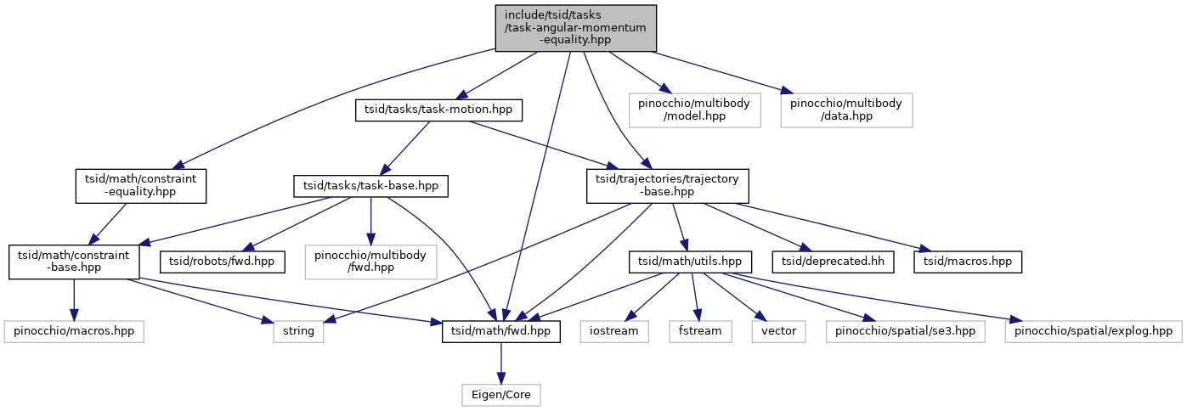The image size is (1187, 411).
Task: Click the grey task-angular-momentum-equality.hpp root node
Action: coord(575,28)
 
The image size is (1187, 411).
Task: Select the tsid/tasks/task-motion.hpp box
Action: coord(438,110)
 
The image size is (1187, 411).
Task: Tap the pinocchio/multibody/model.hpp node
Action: coord(694,110)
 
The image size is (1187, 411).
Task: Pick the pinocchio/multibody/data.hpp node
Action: coord(846,110)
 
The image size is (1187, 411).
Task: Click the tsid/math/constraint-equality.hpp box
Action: coord(140,186)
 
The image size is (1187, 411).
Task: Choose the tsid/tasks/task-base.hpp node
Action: coord(370,186)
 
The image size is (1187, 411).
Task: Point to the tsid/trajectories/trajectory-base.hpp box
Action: coord(667,186)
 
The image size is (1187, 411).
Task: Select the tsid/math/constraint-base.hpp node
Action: coord(74,262)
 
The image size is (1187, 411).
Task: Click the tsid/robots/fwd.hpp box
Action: coord(222,262)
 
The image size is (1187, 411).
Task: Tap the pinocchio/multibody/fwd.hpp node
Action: coord(370,262)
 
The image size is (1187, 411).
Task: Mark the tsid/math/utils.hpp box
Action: coord(690,262)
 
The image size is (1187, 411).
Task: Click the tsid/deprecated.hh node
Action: coord(833,262)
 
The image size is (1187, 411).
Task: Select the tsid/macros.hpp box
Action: coord(968,262)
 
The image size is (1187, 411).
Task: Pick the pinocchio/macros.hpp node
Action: coord(74,331)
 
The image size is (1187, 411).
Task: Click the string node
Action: coord(298,331)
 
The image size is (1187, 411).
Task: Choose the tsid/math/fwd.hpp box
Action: coord(500,331)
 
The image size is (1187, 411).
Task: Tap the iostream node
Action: coord(614,331)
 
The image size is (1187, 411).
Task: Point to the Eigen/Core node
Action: coord(500,395)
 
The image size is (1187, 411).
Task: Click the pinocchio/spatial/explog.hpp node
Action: coord(1094,331)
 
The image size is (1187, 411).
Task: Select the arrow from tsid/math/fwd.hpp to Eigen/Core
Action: coord(500,363)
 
